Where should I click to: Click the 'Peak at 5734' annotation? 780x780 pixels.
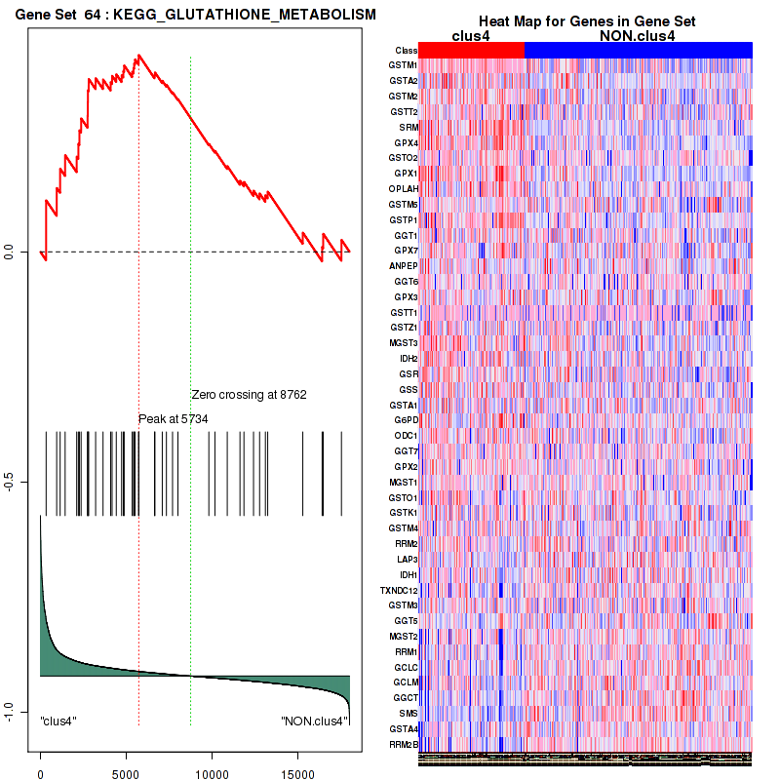pyautogui.click(x=174, y=418)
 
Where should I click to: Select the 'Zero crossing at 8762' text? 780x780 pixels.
pyautogui.click(x=249, y=395)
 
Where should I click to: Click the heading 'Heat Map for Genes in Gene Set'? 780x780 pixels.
pyautogui.click(x=586, y=21)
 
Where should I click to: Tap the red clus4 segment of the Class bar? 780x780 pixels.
pyautogui.click(x=472, y=50)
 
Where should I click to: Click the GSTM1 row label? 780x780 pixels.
pyautogui.click(x=403, y=65)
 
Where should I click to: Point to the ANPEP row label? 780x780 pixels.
pyautogui.click(x=403, y=265)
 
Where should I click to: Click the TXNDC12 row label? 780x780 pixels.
pyautogui.click(x=399, y=590)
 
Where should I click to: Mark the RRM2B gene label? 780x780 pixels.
pyautogui.click(x=403, y=744)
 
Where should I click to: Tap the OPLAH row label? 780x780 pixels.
pyautogui.click(x=404, y=188)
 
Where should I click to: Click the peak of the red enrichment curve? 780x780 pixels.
pyautogui.click(x=139, y=55)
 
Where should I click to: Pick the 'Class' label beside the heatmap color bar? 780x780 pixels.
pyautogui.click(x=406, y=50)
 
